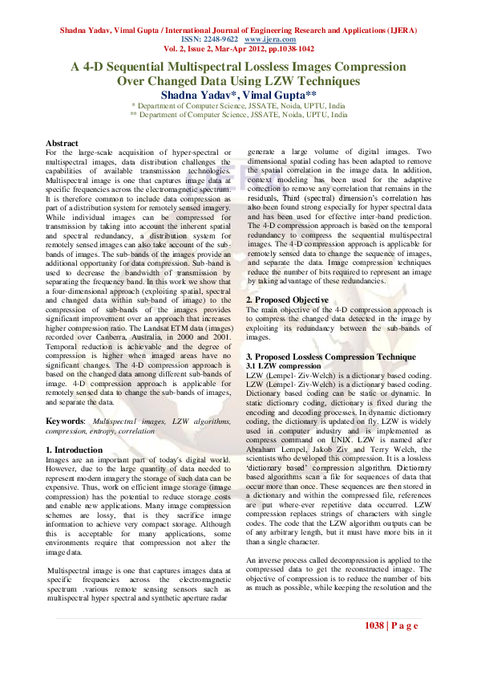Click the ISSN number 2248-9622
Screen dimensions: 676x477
218,38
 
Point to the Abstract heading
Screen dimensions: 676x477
62,142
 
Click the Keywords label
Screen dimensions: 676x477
65,420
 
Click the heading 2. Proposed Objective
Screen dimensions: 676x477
287,299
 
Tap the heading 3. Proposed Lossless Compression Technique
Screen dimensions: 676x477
330,355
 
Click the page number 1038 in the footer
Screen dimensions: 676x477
376,625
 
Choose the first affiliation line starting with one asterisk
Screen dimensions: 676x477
238,105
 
